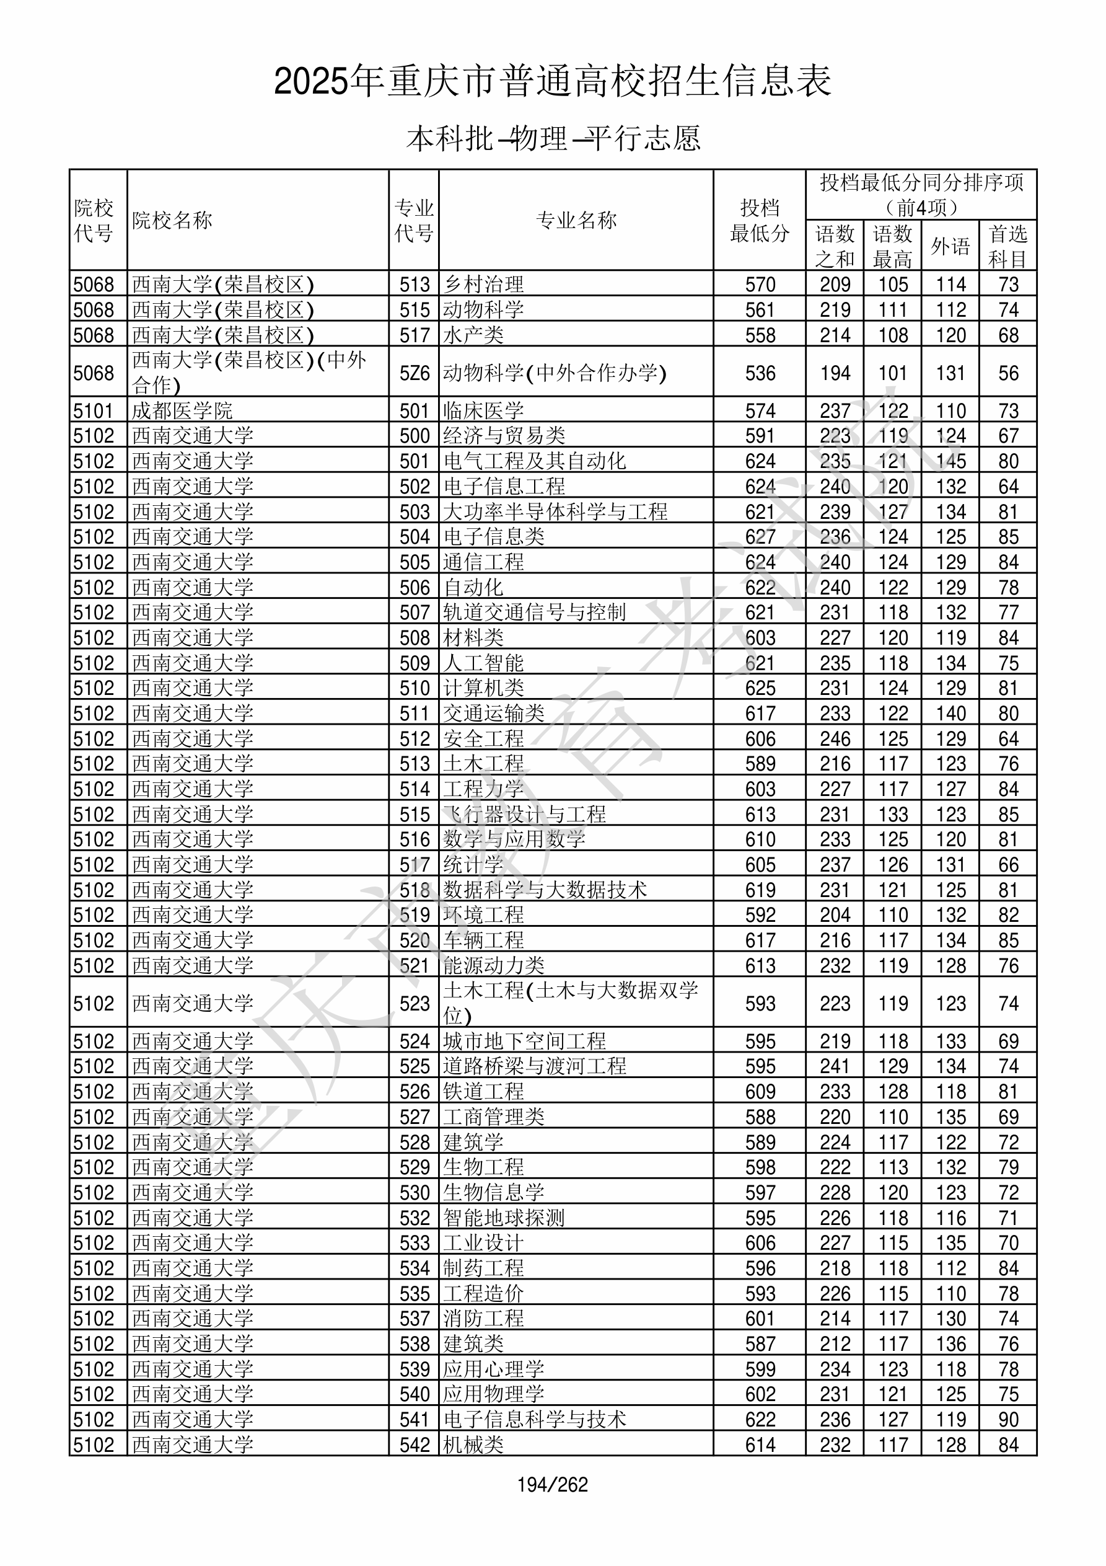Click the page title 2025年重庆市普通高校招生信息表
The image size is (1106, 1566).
552,82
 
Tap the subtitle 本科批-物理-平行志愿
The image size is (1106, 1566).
553,138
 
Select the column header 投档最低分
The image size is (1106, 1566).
759,220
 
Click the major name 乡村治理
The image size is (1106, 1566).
483,284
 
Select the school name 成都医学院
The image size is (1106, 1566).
182,410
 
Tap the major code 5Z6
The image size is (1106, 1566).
415,373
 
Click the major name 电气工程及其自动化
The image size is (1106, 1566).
535,461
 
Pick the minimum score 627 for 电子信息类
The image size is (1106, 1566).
760,537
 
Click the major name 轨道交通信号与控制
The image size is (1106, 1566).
535,613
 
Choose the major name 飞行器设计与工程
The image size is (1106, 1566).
524,815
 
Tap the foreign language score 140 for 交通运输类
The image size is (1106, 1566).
950,714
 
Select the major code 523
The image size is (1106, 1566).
415,1003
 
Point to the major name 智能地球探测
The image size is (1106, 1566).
504,1218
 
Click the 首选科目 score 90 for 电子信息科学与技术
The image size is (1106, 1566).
1008,1419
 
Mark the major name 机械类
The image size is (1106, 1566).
473,1444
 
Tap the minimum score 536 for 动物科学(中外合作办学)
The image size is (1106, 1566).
760,373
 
